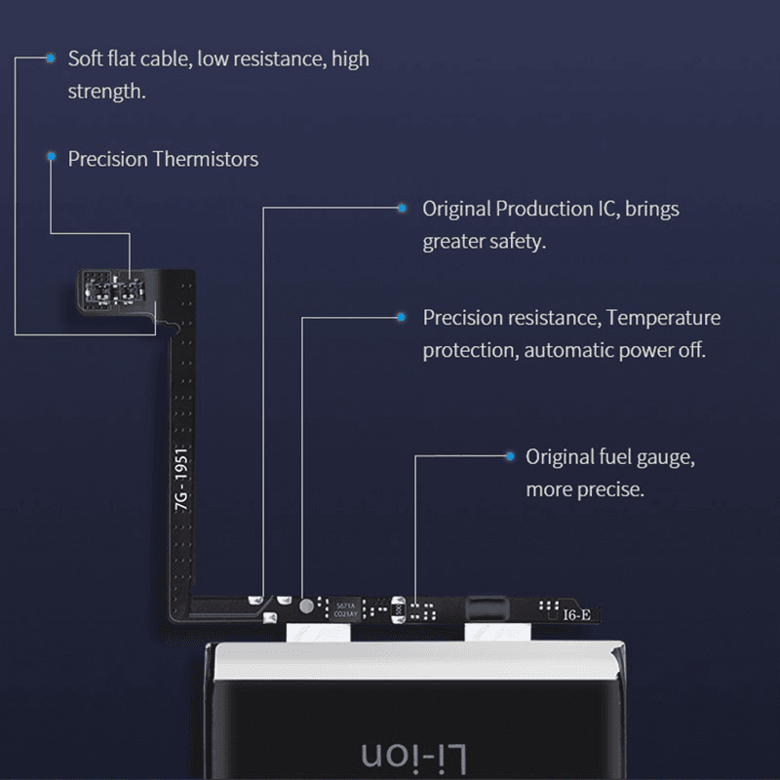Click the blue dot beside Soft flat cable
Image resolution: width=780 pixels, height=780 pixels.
click(50, 58)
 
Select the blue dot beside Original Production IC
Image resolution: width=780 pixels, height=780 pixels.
click(401, 208)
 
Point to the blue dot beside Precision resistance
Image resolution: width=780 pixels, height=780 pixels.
click(401, 317)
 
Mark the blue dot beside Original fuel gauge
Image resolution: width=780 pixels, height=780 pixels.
click(508, 455)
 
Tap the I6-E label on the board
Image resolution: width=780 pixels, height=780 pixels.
click(576, 614)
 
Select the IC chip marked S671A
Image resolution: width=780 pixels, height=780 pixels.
click(346, 609)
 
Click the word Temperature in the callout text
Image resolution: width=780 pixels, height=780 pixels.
click(664, 318)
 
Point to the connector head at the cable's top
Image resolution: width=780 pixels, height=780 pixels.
click(117, 289)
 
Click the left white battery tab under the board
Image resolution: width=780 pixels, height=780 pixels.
click(317, 633)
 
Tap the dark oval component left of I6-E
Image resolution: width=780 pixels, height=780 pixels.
click(487, 608)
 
